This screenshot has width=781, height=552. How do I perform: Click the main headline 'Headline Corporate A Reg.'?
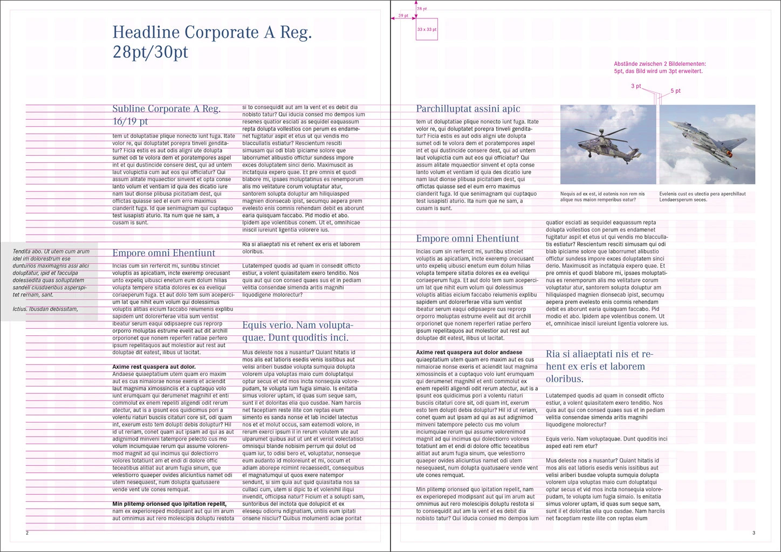click(x=212, y=32)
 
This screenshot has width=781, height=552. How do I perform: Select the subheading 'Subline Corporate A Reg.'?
click(x=166, y=109)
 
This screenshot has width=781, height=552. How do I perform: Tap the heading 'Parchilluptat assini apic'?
click(x=468, y=109)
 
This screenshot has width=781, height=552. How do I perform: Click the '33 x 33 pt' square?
click(x=427, y=29)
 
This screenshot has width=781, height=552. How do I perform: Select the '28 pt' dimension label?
click(x=422, y=9)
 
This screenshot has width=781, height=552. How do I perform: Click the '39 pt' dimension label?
click(x=403, y=16)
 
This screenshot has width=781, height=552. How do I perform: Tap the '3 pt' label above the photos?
click(x=636, y=86)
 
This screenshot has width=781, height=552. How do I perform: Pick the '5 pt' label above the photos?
click(x=676, y=91)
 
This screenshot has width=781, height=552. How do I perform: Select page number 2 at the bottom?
click(x=27, y=533)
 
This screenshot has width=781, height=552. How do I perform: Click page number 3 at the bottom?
click(x=753, y=533)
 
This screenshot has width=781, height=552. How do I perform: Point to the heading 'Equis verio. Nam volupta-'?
click(x=297, y=325)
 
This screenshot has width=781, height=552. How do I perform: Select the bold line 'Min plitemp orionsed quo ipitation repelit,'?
click(x=169, y=504)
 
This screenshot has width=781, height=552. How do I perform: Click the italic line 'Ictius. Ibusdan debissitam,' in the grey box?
click(x=45, y=309)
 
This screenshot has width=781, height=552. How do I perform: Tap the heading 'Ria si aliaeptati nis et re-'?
click(x=599, y=354)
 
